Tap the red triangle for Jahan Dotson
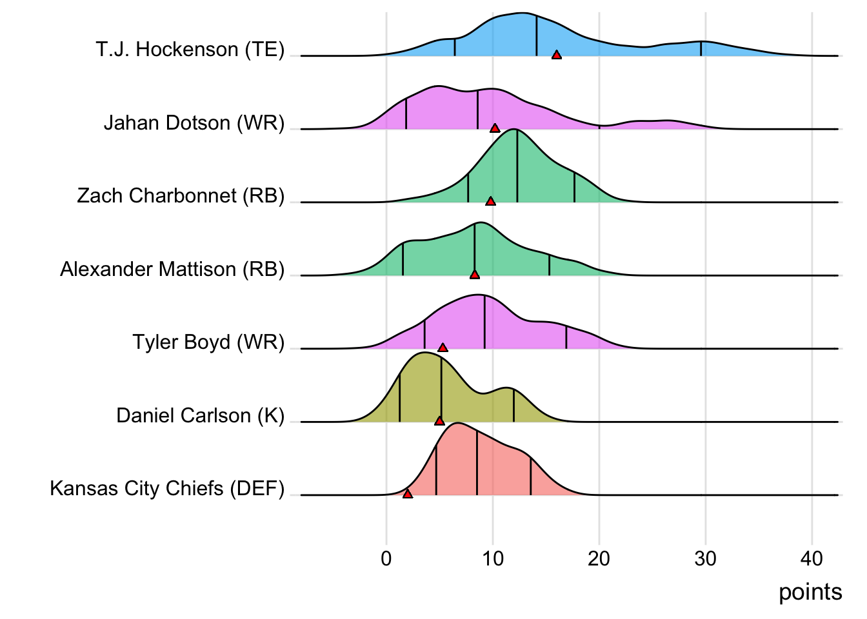click(495, 128)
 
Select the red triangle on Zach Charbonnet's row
click(490, 202)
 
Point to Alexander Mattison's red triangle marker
click(475, 275)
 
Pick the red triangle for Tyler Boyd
click(443, 348)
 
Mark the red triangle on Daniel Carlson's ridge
click(439, 421)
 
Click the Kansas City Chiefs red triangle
click(407, 494)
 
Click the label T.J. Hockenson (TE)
click(190, 50)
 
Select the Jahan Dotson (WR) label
click(194, 123)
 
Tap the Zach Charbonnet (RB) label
click(181, 196)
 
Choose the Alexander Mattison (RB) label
click(172, 269)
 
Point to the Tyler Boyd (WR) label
click(208, 342)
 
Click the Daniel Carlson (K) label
click(200, 415)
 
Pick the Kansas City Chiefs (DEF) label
click(167, 489)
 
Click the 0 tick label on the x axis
click(386, 558)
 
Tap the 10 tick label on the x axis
click(493, 558)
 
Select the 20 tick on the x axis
click(599, 558)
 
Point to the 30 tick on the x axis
click(706, 558)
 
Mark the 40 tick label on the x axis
click(812, 558)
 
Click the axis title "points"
click(810, 592)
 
